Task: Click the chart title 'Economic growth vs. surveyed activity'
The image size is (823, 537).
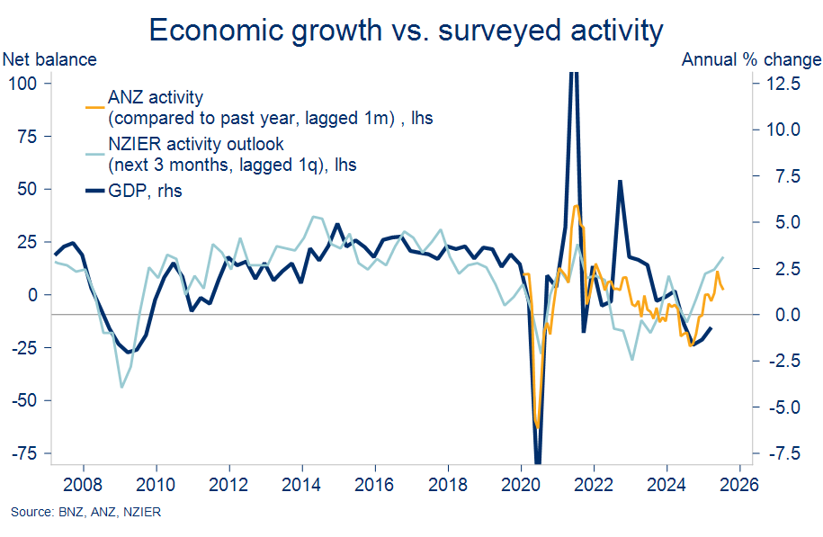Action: point(406,31)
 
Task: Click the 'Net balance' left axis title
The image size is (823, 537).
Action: point(50,60)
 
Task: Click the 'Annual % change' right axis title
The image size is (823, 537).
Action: point(751,60)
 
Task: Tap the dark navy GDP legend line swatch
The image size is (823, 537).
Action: point(94,191)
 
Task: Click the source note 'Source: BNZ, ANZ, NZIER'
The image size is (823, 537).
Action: point(86,513)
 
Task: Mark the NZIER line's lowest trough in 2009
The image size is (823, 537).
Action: point(121,387)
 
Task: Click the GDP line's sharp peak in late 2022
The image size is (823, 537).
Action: point(620,181)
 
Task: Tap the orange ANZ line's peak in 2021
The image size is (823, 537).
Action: point(576,206)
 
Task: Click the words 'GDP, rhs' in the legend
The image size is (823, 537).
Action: point(145,191)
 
